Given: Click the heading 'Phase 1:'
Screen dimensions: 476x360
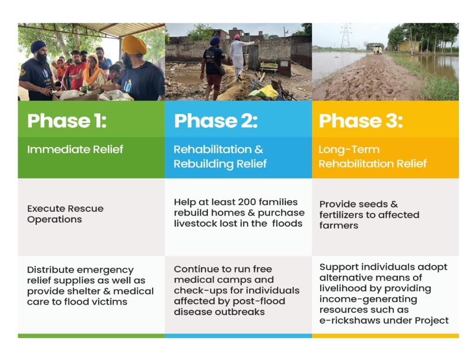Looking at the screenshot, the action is click(x=67, y=121).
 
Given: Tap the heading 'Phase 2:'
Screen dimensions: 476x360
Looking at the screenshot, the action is click(x=216, y=121).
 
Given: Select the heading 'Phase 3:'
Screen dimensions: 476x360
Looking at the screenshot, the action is click(x=361, y=121).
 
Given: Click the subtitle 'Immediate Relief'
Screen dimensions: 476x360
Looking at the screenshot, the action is click(x=75, y=149).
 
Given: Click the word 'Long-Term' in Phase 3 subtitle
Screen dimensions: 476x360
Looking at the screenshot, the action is click(x=349, y=150).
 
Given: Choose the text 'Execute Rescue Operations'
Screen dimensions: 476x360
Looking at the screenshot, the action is click(x=65, y=214).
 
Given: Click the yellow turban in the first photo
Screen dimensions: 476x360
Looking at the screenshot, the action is click(x=134, y=45).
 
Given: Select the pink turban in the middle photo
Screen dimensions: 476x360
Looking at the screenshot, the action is click(x=237, y=37).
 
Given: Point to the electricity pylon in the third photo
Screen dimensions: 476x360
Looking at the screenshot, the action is click(x=346, y=35).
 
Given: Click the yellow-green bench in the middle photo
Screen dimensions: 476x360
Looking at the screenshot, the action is click(x=269, y=67).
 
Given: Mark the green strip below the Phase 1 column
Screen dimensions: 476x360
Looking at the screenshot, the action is click(x=92, y=336).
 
